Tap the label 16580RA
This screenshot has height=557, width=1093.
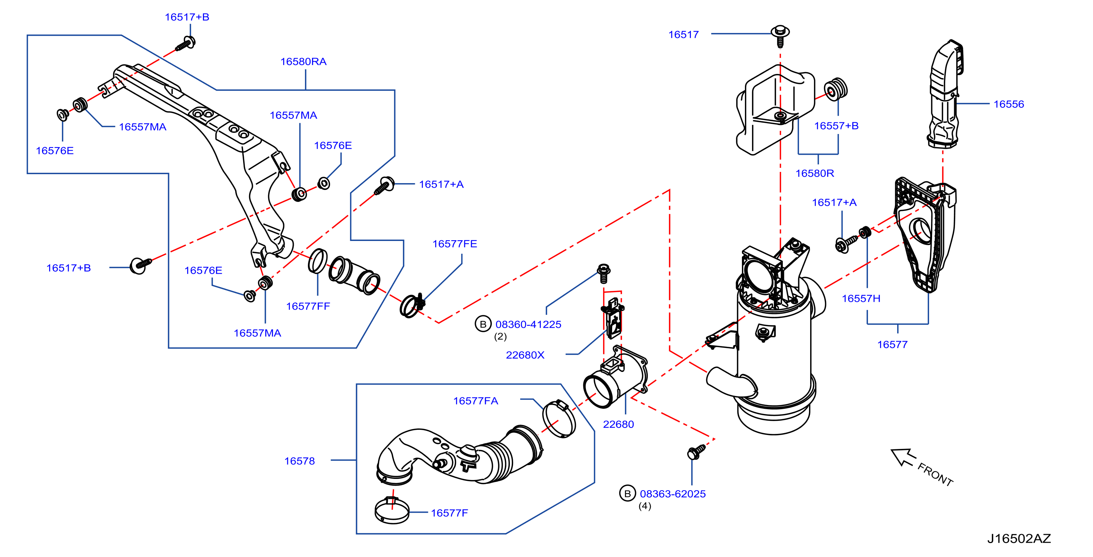303,62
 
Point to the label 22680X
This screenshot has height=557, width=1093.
525,355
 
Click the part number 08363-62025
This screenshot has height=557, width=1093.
673,494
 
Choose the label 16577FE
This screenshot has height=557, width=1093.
455,244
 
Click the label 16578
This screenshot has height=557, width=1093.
300,461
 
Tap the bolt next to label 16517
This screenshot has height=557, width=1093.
780,35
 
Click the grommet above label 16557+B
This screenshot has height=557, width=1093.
835,90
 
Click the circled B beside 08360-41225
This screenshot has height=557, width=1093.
483,324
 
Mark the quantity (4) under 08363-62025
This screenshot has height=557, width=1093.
644,506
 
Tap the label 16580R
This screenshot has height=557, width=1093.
815,173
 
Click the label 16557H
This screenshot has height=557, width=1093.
861,298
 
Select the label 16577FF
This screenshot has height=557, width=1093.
308,306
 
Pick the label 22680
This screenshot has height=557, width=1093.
618,424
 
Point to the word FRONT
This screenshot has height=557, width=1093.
935,474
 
